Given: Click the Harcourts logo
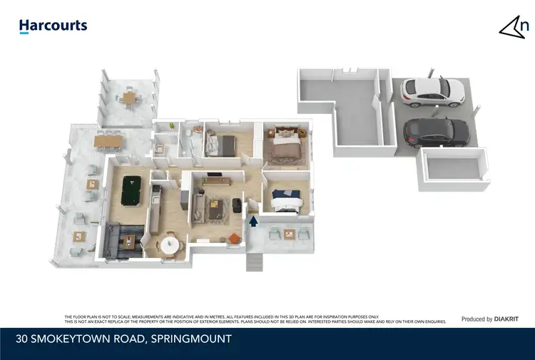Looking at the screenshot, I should click(53, 26).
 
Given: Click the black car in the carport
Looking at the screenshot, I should click(436, 132).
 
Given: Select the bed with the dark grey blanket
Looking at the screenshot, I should click(221, 145).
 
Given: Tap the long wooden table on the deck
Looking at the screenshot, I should click(108, 140).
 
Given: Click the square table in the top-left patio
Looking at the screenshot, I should click(129, 98).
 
